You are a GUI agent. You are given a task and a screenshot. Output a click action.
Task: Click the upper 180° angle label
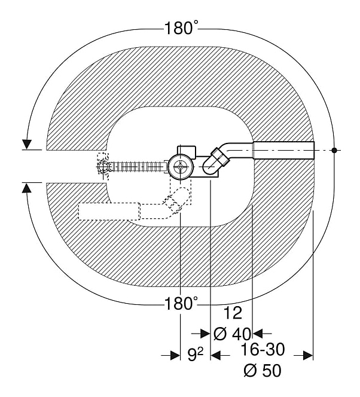point(181,28)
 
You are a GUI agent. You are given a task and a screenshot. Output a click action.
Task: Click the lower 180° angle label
point(181,303)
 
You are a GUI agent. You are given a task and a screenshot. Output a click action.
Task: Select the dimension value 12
point(233,313)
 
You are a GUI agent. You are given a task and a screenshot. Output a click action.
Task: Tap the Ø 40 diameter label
point(232,334)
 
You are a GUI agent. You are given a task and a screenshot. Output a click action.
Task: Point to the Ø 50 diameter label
point(263,371)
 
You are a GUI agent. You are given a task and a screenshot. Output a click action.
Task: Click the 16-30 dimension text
point(263,350)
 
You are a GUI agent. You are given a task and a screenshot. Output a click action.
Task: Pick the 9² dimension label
point(196,355)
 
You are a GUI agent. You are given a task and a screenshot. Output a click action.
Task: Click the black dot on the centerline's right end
point(334,150)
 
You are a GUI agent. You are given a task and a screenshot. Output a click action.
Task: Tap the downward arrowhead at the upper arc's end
point(26,144)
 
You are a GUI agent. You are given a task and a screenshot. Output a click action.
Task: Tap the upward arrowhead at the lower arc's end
point(26,188)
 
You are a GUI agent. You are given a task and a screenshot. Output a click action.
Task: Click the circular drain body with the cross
point(180,167)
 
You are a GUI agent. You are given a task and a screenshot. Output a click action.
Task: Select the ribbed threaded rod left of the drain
point(137,167)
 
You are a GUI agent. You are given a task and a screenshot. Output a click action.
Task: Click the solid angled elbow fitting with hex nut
point(216,161)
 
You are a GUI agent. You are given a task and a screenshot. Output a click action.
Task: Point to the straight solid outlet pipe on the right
point(284,151)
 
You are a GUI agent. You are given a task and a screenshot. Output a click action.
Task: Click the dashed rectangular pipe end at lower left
point(109,212)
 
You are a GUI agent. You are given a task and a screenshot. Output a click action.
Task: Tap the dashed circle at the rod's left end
point(103,167)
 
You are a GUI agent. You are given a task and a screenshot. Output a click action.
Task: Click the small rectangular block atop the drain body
point(187,151)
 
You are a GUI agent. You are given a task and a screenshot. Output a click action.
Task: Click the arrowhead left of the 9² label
point(175,355)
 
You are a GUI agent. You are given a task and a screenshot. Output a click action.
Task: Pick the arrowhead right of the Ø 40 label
point(258,334)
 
